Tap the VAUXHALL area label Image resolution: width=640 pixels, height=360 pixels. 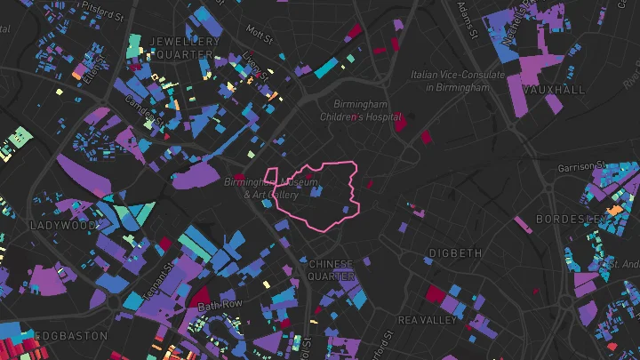[x=554, y=91]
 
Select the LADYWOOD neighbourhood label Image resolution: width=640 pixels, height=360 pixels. [x=62, y=226]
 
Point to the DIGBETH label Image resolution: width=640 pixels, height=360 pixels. [x=455, y=253]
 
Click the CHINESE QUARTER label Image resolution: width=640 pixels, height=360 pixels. [x=332, y=270]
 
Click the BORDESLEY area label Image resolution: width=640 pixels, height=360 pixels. [x=572, y=219]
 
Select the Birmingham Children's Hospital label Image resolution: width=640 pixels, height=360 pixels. [x=361, y=111]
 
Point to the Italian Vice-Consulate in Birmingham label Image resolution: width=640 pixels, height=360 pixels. [x=457, y=82]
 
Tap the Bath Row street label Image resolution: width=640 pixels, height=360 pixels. [x=220, y=306]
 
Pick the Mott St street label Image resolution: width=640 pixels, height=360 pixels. [x=260, y=33]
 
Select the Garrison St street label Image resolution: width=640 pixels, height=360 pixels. [x=580, y=167]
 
